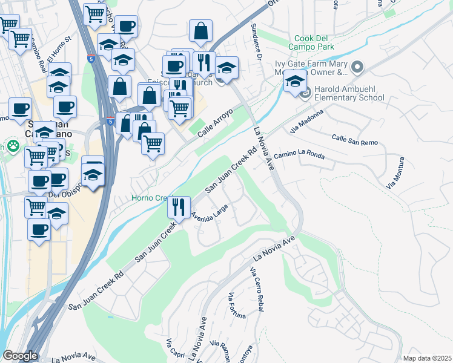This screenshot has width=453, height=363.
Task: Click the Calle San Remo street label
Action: click(354, 140)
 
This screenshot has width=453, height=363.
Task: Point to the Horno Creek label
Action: click(151, 198)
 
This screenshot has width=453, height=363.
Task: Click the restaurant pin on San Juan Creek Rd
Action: click(179, 206)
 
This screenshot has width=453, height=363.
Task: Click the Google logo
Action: click(20, 356)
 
